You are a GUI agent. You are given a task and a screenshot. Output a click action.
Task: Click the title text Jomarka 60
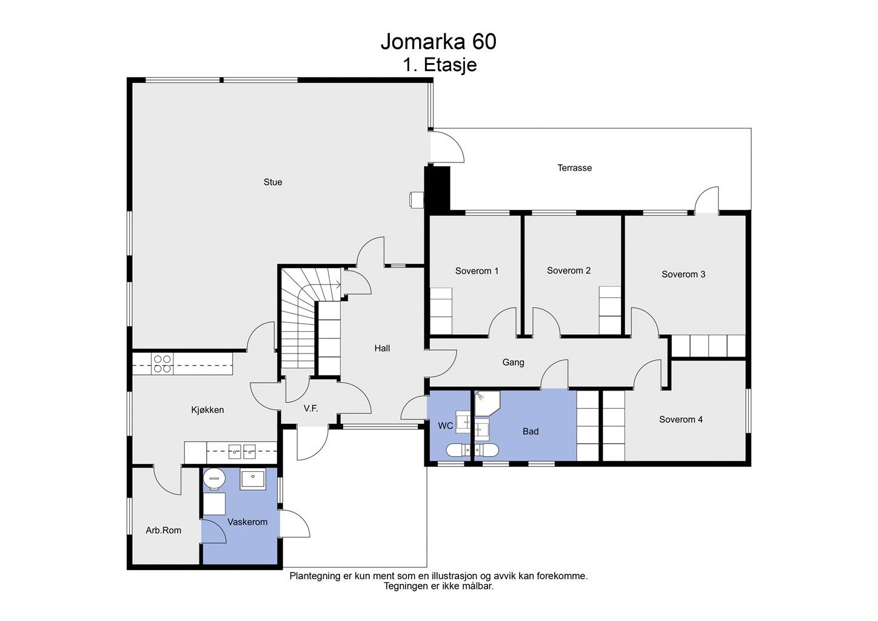tap(438, 42)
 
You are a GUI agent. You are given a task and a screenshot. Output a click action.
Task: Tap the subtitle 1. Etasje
tap(440, 65)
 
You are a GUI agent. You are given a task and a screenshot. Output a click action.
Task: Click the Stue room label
tap(273, 182)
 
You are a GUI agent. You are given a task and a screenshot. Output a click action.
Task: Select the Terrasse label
tap(575, 168)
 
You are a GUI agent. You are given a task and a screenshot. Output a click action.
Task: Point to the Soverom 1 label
tap(477, 271)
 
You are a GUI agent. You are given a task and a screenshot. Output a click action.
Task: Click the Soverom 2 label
tap(569, 270)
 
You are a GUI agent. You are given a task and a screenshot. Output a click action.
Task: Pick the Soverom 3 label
tap(683, 275)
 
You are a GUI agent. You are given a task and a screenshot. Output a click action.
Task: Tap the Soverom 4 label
tap(681, 420)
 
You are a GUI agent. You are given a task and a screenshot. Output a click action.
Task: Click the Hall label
tap(382, 348)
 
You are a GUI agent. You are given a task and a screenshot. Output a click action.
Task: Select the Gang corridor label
tap(513, 363)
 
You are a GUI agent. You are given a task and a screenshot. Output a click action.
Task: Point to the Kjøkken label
tap(208, 410)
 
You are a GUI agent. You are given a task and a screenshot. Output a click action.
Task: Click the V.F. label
tap(311, 409)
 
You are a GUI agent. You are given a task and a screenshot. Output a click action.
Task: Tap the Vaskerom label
tap(247, 522)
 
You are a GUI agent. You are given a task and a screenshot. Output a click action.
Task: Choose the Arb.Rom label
tap(164, 531)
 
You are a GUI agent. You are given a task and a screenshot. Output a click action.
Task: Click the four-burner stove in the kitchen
tap(163, 364)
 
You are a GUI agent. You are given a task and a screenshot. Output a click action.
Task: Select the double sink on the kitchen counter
tap(242, 452)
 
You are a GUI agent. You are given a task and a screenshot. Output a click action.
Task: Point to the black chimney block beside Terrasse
tap(438, 189)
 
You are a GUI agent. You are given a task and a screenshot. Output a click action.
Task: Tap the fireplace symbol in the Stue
tap(417, 200)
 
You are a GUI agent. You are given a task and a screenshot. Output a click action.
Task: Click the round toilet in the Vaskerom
tap(214, 478)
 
